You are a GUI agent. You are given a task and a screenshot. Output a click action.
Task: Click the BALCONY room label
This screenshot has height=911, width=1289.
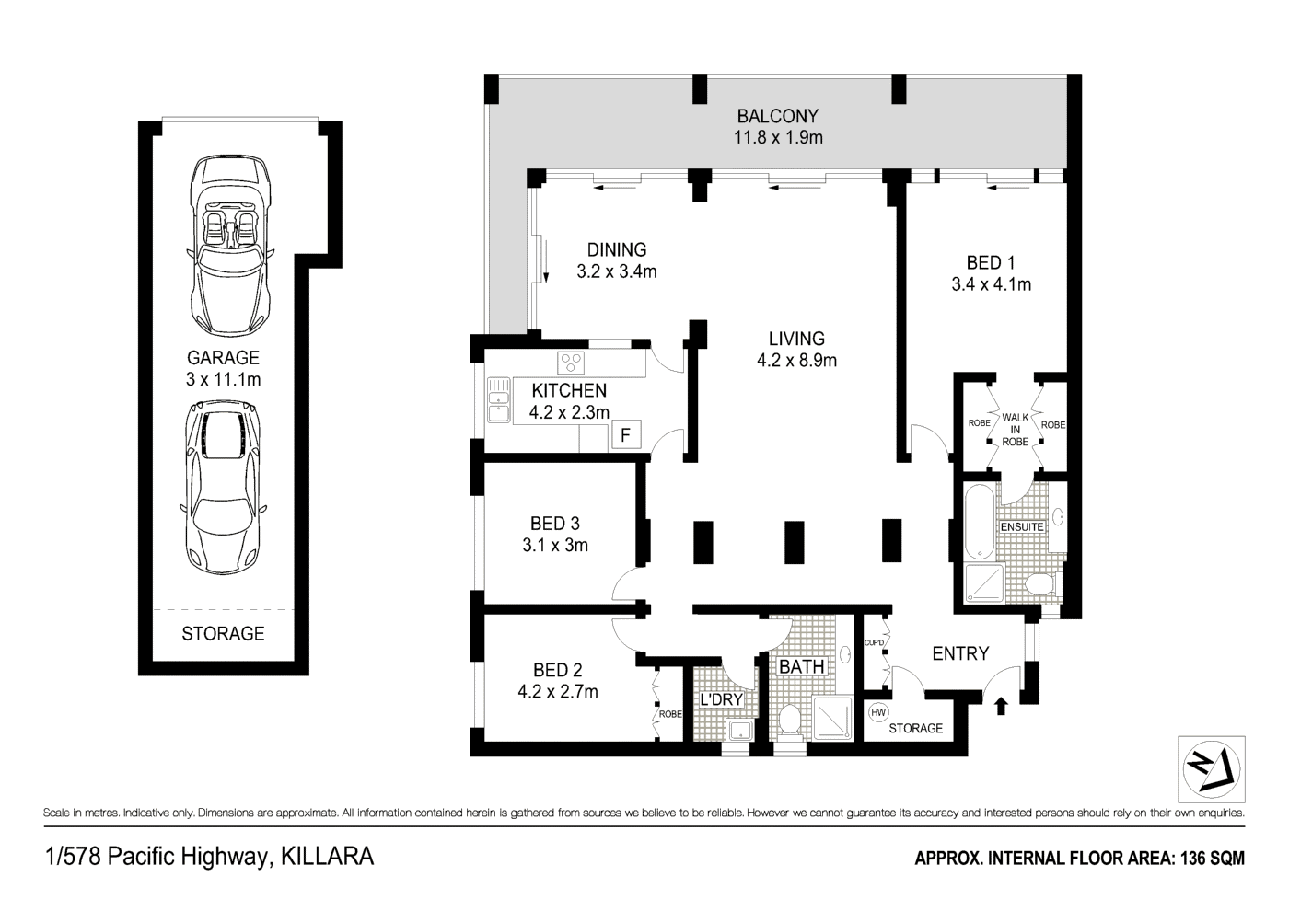[x=777, y=117]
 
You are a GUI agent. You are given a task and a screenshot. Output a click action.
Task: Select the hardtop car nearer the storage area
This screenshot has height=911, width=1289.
[x=223, y=488]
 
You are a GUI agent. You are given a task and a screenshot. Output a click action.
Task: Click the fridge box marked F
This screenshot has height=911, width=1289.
[x=625, y=434]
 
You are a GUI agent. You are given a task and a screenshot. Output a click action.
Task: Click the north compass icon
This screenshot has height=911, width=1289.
[x=1211, y=770]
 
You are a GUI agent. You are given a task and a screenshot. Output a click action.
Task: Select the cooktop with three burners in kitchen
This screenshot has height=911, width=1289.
[x=572, y=361]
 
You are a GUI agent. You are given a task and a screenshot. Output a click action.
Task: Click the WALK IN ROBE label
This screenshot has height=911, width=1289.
[x=1015, y=429]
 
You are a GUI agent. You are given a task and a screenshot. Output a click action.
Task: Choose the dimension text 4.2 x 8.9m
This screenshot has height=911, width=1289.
[x=796, y=361]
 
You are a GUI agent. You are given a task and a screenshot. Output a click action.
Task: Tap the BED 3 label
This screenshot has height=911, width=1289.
[x=554, y=524]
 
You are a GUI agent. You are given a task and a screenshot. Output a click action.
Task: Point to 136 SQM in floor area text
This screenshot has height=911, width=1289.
[x=1212, y=859]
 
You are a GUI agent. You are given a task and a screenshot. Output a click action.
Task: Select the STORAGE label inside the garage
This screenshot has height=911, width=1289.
[x=223, y=633]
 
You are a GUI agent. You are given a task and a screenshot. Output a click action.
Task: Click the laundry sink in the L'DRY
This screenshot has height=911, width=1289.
[x=739, y=731]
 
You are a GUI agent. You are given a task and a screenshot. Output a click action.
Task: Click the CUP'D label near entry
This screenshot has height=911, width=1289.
[x=874, y=643]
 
